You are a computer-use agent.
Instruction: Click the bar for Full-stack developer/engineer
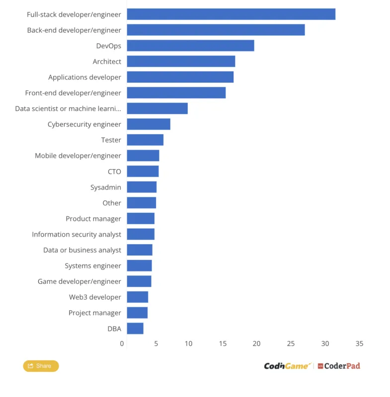coord(231,14)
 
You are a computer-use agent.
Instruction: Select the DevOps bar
coord(191,46)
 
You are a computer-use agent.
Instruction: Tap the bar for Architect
coord(181,61)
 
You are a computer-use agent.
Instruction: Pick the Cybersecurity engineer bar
coord(149,124)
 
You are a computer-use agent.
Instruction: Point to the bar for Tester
coord(145,140)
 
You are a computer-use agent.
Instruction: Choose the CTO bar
coord(143,171)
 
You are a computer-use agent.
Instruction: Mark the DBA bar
coord(135,329)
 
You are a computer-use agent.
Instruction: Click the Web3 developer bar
coord(137,297)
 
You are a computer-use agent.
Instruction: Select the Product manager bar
coord(141,218)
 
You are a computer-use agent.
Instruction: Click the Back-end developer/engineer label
coord(74,30)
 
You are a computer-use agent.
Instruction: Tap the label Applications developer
coord(84,77)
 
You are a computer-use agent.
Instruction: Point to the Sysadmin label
coord(106,188)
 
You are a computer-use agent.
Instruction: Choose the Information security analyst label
coord(77,234)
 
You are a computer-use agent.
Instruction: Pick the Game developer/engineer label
coord(79,281)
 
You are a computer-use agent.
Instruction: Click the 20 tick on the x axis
coord(256,343)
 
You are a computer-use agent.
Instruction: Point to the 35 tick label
coord(359,343)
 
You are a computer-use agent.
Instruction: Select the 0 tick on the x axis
coord(122,343)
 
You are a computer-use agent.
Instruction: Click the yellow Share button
coord(41,366)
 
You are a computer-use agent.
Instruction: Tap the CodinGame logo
coord(287,366)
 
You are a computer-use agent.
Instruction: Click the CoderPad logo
coord(339,366)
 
